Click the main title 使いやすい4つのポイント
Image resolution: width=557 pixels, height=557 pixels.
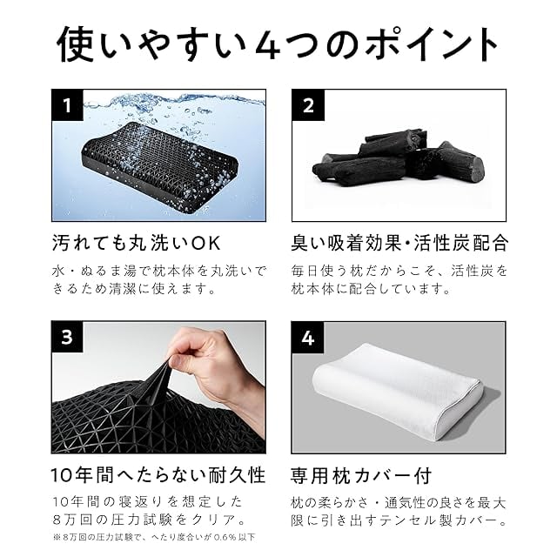point(278,44)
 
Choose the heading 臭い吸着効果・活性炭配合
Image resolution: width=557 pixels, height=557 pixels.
point(399,241)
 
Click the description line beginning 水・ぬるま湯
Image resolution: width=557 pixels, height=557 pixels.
point(158,271)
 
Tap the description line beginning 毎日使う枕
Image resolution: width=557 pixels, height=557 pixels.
point(399,271)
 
